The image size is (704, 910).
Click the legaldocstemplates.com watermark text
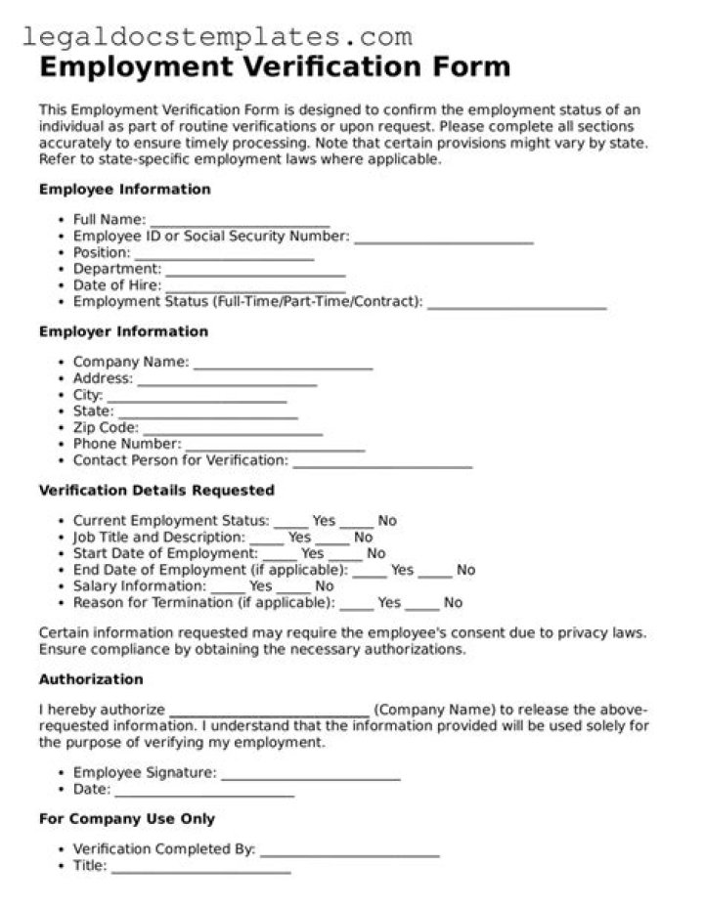pos(216,37)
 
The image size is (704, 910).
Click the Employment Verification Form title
pos(275,67)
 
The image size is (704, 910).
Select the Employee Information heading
pos(124,190)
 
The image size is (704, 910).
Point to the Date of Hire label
pos(116,285)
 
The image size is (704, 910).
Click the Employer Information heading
pos(123,331)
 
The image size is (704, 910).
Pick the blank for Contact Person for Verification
pos(382,464)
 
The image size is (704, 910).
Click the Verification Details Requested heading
pos(156,491)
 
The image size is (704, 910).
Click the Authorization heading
pos(91,679)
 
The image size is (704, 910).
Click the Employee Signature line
pos(311,777)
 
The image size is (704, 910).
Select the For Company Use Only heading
pos(127,819)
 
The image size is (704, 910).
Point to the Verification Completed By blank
pos(349,853)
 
